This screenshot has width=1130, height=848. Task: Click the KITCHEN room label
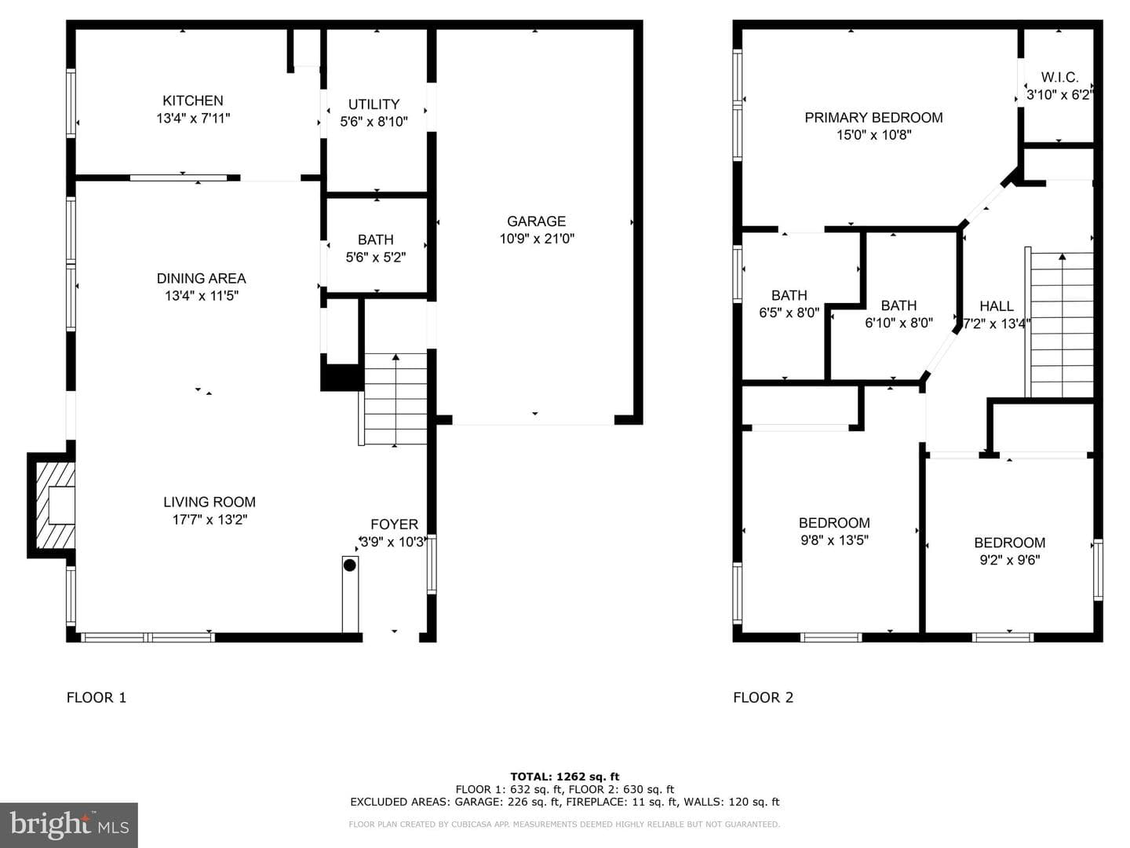[192, 101]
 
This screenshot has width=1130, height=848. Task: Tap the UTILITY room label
[374, 104]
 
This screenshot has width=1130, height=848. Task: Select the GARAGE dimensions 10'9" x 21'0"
[537, 239]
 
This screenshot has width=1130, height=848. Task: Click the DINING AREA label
[202, 279]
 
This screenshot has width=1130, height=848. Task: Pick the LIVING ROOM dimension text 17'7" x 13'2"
[210, 520]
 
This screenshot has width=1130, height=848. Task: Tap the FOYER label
[395, 525]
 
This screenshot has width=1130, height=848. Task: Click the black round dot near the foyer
[350, 565]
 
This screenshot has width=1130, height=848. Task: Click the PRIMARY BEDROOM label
[873, 118]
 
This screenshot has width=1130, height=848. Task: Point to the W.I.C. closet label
[1059, 77]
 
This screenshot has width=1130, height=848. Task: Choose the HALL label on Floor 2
[997, 306]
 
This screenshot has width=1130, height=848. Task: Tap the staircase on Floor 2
[1059, 322]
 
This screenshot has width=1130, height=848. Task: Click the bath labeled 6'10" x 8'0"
[899, 314]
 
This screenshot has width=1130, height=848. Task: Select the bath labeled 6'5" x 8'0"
[789, 304]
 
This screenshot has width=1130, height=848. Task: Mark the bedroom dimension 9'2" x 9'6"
[1009, 560]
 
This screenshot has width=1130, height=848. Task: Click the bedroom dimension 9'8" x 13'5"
[834, 540]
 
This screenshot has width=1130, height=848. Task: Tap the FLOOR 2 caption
[763, 698]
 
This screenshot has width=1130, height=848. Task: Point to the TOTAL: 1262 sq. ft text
[565, 777]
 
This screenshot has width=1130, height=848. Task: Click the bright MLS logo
[69, 824]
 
